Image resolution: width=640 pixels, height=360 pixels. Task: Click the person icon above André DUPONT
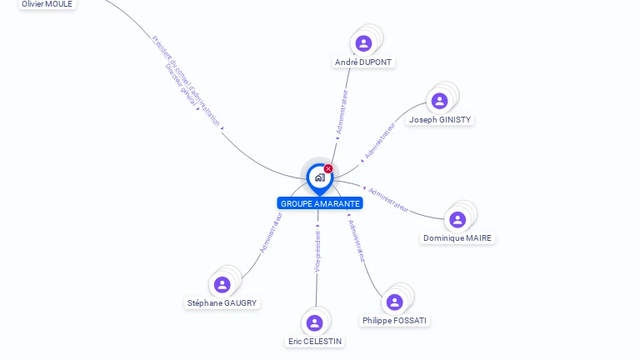pyautogui.click(x=363, y=43)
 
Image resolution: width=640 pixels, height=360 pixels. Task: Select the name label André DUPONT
pyautogui.click(x=363, y=62)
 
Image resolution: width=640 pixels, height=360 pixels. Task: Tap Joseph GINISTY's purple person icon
pyautogui.click(x=439, y=101)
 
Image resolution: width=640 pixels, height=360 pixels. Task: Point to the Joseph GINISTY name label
pyautogui.click(x=440, y=120)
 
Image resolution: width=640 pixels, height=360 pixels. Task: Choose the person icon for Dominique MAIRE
pyautogui.click(x=457, y=220)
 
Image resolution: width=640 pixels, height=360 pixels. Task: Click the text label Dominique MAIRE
pyautogui.click(x=457, y=238)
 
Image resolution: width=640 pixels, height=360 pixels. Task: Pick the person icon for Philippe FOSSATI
pyautogui.click(x=395, y=302)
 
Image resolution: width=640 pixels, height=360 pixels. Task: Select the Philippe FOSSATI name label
pyautogui.click(x=396, y=321)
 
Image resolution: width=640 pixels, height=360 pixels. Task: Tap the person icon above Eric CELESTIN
pyautogui.click(x=314, y=322)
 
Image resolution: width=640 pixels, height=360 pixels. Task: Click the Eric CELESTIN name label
pyautogui.click(x=315, y=342)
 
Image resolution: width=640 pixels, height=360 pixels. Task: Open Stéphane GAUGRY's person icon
pyautogui.click(x=222, y=285)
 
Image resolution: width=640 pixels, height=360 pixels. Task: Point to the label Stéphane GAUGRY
pyautogui.click(x=222, y=303)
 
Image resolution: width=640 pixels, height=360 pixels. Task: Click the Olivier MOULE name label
pyautogui.click(x=47, y=4)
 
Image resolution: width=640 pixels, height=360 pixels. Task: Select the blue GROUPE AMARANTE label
pyautogui.click(x=320, y=203)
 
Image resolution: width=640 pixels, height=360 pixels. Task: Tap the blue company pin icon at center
pyautogui.click(x=319, y=177)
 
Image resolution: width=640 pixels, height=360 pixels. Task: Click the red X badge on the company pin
pyautogui.click(x=328, y=169)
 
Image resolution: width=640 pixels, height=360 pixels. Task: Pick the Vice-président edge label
pyautogui.click(x=317, y=251)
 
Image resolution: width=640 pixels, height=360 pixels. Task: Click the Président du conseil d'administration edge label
pyautogui.click(x=187, y=80)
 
